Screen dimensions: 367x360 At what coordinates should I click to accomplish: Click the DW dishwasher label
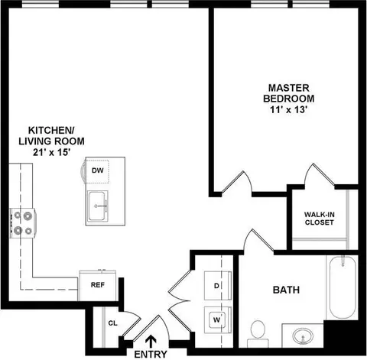pyautogui.click(x=98, y=170)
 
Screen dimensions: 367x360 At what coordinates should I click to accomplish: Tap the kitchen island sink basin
pyautogui.click(x=96, y=206)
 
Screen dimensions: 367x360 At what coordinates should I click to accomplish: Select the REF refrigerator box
pyautogui.click(x=98, y=285)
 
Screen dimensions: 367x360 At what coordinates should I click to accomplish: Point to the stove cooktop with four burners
pyautogui.click(x=23, y=223)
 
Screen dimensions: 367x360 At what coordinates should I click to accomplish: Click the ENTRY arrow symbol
pyautogui.click(x=151, y=342)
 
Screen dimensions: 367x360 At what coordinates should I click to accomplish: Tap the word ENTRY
pyautogui.click(x=151, y=355)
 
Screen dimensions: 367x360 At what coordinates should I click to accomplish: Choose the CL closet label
pyautogui.click(x=113, y=323)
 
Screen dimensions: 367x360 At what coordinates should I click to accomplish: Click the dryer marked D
pyautogui.click(x=218, y=286)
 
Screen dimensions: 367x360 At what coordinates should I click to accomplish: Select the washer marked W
pyautogui.click(x=218, y=319)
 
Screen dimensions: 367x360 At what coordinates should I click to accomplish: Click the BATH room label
pyautogui.click(x=286, y=290)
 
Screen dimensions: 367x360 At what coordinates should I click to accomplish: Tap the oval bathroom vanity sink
pyautogui.click(x=303, y=336)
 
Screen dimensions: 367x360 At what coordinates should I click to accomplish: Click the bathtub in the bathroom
pyautogui.click(x=343, y=287)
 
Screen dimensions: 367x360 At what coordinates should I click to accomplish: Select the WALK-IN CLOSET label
pyautogui.click(x=320, y=219)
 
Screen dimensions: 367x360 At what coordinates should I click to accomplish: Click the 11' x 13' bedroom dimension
pyautogui.click(x=288, y=110)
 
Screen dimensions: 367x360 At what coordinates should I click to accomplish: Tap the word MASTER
pyautogui.click(x=289, y=88)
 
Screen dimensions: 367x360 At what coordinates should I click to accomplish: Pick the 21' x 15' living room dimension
pyautogui.click(x=51, y=152)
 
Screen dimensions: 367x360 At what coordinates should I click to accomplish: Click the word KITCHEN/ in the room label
pyautogui.click(x=51, y=130)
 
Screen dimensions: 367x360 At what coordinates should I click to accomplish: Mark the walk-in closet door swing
pyautogui.click(x=320, y=174)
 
